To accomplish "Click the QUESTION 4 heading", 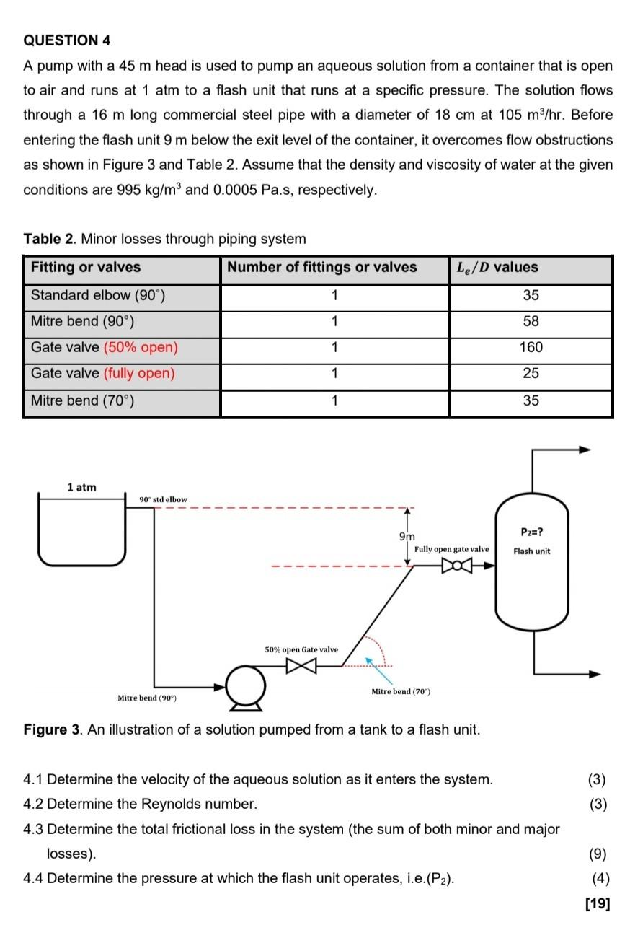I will pos(67,40).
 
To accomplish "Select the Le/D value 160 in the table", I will pos(531,348).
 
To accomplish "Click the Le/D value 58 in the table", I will pos(531,322).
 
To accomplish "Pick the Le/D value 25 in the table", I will pos(531,374).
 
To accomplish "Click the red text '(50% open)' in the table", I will pos(141,348).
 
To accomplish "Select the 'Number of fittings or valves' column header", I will pos(322,268).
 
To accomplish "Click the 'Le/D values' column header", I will pos(497,268).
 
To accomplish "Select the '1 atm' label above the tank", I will pos(81,488).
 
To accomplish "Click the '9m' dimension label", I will pos(407,537).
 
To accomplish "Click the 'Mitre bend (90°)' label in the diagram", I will pos(147,698).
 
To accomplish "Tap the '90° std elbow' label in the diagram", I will pos(163,500).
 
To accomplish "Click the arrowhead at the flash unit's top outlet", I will pos(584,450).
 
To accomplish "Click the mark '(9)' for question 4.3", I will pos(598,854).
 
